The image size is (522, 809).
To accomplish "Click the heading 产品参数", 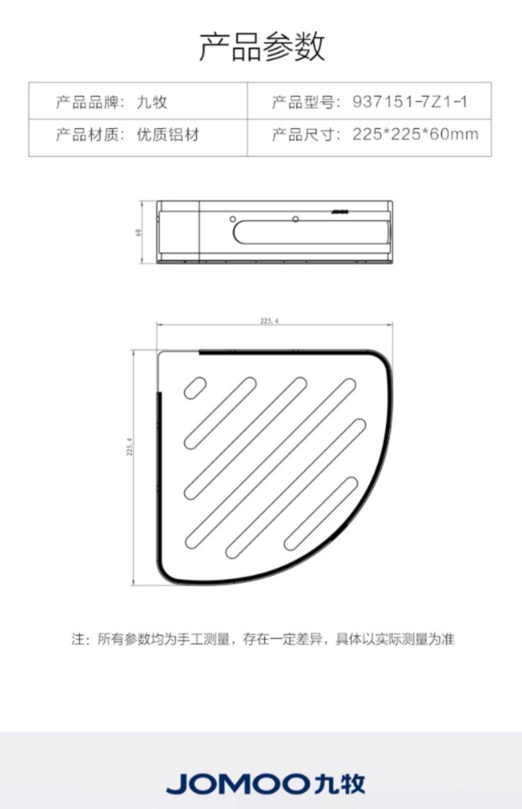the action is pos(261,47).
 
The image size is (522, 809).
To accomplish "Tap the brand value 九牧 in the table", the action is pos(152,102).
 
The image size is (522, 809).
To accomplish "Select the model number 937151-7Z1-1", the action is pos(409,102).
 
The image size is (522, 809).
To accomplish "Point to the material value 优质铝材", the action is pos(168,134).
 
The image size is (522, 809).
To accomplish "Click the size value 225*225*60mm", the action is pos(415,134).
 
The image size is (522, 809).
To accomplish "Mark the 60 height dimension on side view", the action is pos(138,232).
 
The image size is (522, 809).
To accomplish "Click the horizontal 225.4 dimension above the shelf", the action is pos(269,321).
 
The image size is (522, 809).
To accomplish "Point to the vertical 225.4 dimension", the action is pos(130,447).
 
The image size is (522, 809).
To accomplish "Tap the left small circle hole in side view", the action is pos(233,219).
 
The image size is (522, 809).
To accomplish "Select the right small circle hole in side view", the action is pos(295,219).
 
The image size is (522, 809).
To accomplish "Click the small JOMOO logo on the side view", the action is pos(340,211).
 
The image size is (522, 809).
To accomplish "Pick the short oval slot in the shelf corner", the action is pos(195,387).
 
